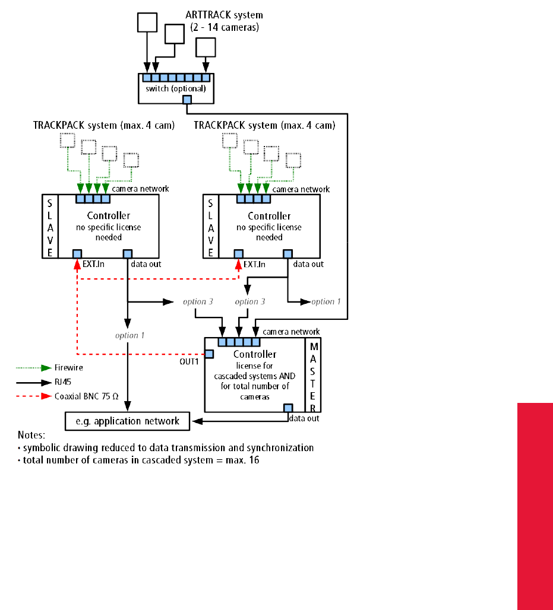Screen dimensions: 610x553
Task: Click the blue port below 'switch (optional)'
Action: click(187, 100)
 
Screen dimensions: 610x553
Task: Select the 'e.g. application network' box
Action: click(127, 421)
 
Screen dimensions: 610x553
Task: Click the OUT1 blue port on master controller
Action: click(210, 354)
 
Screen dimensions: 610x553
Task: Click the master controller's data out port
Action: click(288, 408)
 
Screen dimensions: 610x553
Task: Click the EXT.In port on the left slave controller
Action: click(77, 254)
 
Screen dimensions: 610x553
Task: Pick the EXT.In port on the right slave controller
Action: click(238, 254)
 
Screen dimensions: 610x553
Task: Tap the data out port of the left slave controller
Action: click(127, 254)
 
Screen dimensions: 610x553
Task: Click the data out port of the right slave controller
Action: click(287, 254)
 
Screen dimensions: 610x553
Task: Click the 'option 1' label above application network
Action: click(130, 335)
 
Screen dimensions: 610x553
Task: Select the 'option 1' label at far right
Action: click(326, 301)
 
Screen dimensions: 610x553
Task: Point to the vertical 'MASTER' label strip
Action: click(314, 375)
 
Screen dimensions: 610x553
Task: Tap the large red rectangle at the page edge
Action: click(535, 506)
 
